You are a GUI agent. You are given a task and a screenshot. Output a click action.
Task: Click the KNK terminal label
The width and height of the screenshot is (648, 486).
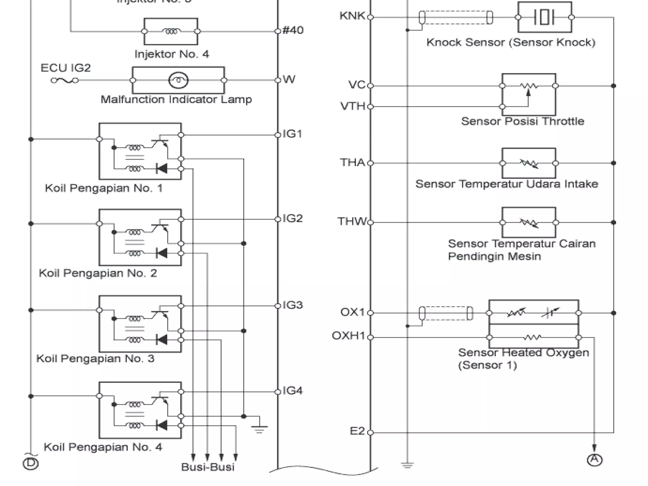[x=352, y=16]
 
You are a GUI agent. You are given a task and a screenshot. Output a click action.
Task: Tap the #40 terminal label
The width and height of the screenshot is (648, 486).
[x=293, y=30]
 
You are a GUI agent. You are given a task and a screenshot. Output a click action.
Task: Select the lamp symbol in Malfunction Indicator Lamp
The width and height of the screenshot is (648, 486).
[x=178, y=80]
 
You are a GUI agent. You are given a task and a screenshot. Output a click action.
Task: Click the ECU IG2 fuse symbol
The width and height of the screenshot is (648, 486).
[x=65, y=81]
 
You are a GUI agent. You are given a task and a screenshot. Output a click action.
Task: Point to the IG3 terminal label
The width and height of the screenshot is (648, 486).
[x=293, y=305]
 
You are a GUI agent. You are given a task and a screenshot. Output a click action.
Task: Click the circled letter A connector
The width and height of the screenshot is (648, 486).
[x=595, y=460]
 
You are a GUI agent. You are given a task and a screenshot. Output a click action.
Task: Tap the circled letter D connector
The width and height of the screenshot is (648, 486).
[x=31, y=464]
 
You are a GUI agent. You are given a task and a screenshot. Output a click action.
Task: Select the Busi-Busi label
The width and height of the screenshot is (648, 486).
[x=208, y=467]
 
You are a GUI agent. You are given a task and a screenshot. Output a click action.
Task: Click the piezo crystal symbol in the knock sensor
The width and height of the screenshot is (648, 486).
[x=544, y=17]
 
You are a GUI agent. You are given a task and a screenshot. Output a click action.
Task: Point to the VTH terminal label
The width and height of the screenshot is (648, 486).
[x=352, y=106]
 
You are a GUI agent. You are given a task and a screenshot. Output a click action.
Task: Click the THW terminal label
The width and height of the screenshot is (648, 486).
[x=352, y=221]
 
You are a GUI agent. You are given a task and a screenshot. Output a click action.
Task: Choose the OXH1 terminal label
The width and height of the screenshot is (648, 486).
[x=348, y=336]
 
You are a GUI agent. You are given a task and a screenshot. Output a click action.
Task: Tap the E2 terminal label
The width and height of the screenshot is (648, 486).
[x=357, y=431]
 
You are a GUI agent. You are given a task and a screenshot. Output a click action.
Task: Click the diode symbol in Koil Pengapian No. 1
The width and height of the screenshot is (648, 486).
[x=162, y=169]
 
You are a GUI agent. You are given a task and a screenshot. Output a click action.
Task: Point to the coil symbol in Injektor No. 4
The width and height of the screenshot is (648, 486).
[x=171, y=31]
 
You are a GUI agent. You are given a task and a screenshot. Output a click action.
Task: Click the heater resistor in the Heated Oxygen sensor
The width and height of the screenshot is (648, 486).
[x=532, y=338]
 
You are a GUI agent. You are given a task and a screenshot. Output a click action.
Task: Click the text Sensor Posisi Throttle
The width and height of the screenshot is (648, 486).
[x=522, y=121]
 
